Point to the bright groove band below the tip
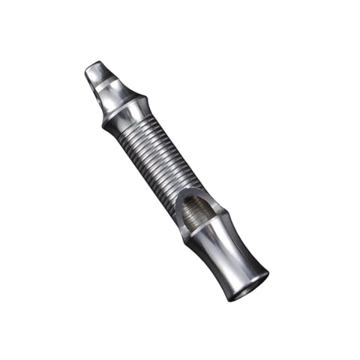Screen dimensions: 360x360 tap(112, 93)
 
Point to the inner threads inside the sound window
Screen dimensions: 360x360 tap(196, 214)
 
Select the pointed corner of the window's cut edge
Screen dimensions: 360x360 tap(180, 225)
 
